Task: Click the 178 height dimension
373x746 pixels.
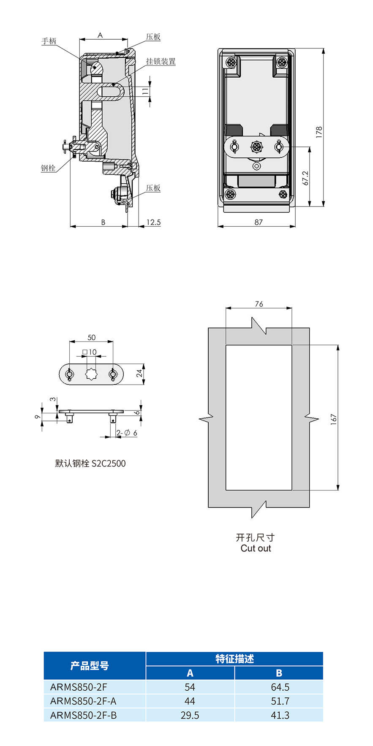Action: click(319, 131)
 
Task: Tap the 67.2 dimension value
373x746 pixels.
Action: click(306, 178)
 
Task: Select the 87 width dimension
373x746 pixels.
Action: click(259, 222)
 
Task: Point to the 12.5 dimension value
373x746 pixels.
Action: click(153, 222)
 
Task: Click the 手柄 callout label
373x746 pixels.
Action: click(49, 41)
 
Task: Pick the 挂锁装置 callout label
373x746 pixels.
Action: click(161, 61)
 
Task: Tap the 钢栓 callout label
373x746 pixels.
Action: click(48, 168)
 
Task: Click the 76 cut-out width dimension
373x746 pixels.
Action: click(259, 304)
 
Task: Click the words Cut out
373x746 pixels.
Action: click(256, 548)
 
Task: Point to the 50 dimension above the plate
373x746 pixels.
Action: click(92, 337)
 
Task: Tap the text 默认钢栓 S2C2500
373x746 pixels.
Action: click(90, 463)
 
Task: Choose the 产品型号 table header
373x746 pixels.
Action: click(90, 666)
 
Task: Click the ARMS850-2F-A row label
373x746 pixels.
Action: click(83, 701)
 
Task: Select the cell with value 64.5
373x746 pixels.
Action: click(280, 687)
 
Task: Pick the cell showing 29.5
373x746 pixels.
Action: click(190, 715)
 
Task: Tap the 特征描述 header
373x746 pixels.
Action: click(234, 659)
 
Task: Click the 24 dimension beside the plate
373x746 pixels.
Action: click(139, 374)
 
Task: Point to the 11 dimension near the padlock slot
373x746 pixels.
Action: click(145, 90)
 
